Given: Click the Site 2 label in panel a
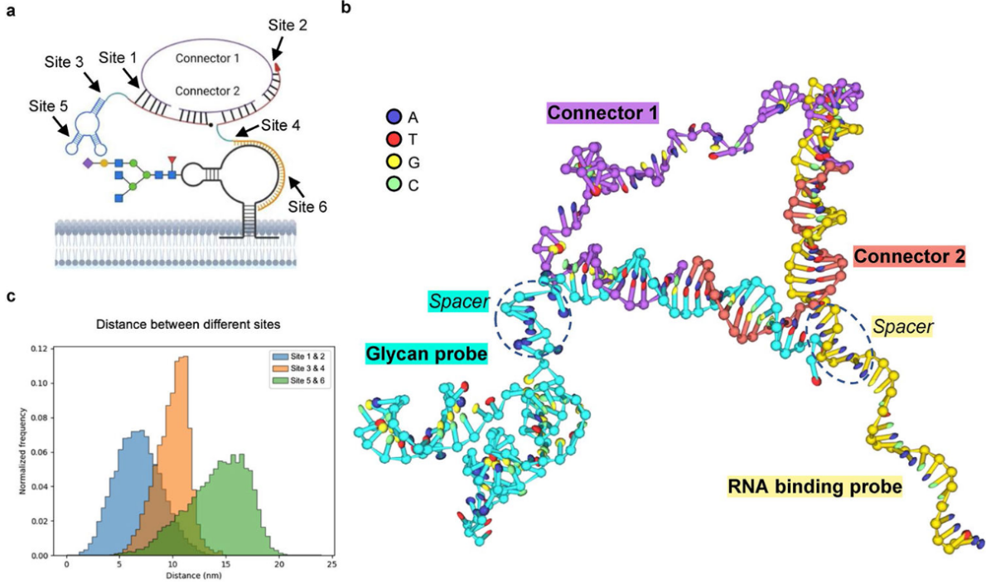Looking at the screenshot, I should click(x=288, y=26).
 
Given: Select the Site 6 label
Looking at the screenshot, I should click(x=306, y=205).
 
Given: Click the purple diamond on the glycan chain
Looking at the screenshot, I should click(x=88, y=165).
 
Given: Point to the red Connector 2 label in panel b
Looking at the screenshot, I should click(x=910, y=257).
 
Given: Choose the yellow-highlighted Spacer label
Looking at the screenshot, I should click(x=905, y=327).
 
